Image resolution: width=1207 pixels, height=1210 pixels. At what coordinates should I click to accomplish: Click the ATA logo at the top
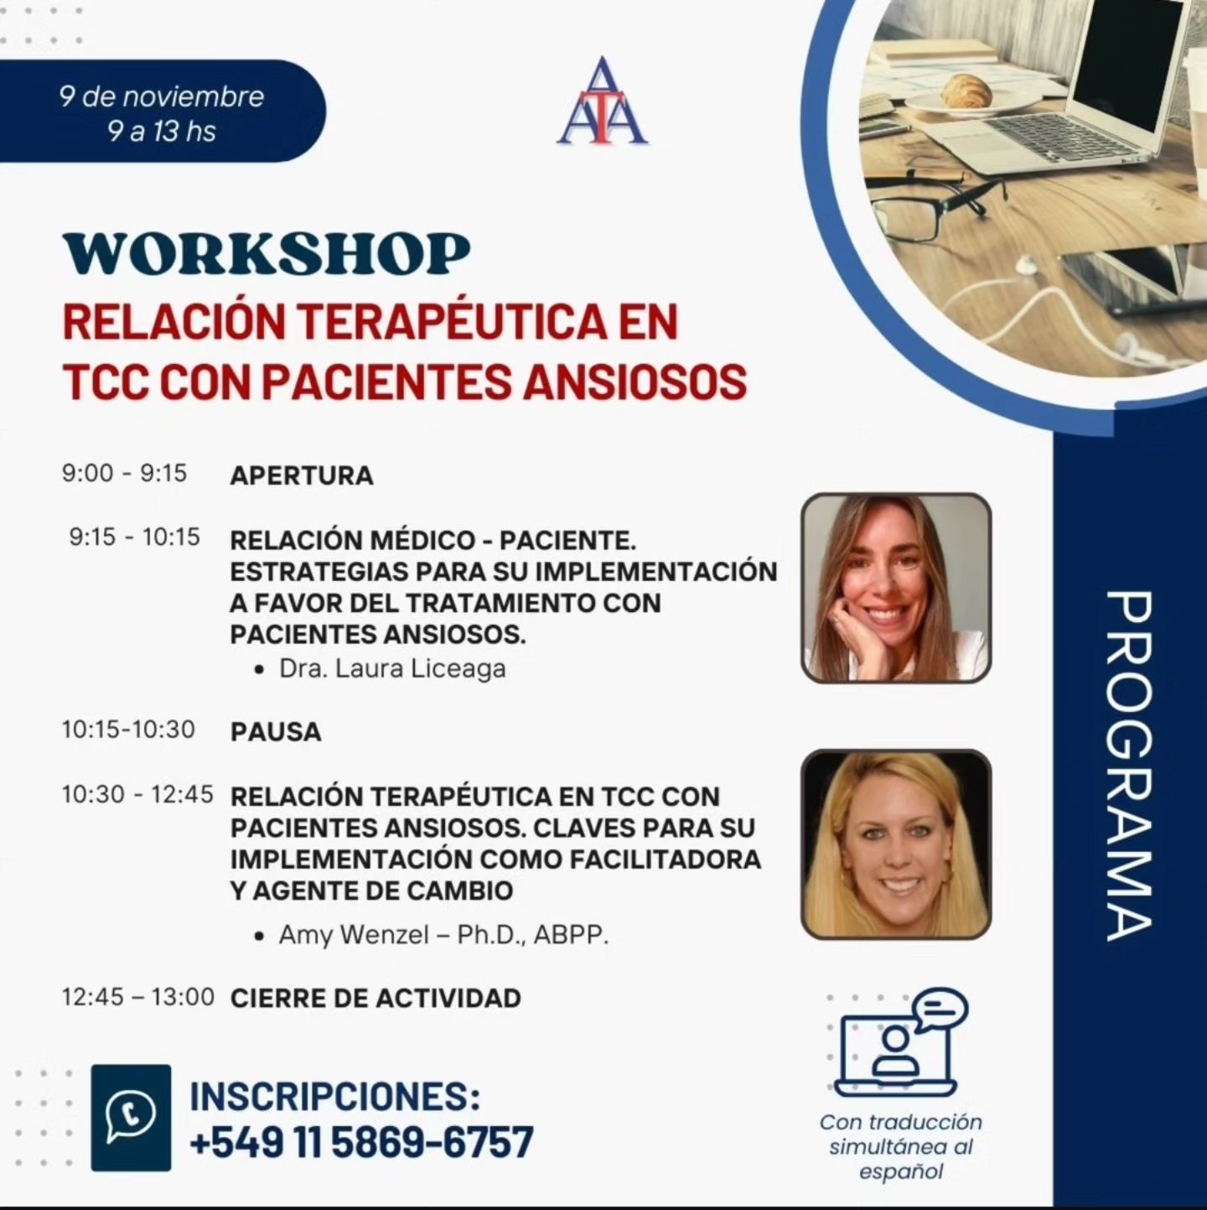602,101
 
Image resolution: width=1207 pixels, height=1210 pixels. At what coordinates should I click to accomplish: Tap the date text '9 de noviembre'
162,97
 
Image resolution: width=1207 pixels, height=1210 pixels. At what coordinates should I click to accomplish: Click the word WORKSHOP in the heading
267,254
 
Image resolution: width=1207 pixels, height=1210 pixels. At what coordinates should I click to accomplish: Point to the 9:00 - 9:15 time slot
124,473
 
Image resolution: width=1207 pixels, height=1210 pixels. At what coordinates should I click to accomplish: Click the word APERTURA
302,475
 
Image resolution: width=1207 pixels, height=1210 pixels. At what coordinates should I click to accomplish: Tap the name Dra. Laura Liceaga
392,669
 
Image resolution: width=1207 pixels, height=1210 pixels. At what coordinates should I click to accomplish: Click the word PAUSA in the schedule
276,731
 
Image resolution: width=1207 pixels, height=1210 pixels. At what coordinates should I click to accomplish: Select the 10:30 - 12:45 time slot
137,794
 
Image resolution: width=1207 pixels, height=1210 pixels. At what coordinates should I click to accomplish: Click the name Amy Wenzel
354,935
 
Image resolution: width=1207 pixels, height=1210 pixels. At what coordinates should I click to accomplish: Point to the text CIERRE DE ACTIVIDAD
376,998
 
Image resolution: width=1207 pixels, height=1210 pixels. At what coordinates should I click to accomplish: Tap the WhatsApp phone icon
131,1117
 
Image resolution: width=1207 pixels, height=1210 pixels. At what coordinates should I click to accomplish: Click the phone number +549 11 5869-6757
361,1141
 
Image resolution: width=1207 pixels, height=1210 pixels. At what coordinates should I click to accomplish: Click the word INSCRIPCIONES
334,1095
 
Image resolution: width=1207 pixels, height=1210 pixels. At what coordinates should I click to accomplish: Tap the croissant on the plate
967,91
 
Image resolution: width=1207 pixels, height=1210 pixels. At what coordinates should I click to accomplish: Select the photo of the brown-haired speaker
896,588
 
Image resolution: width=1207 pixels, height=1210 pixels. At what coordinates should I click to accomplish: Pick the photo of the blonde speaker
896,844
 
